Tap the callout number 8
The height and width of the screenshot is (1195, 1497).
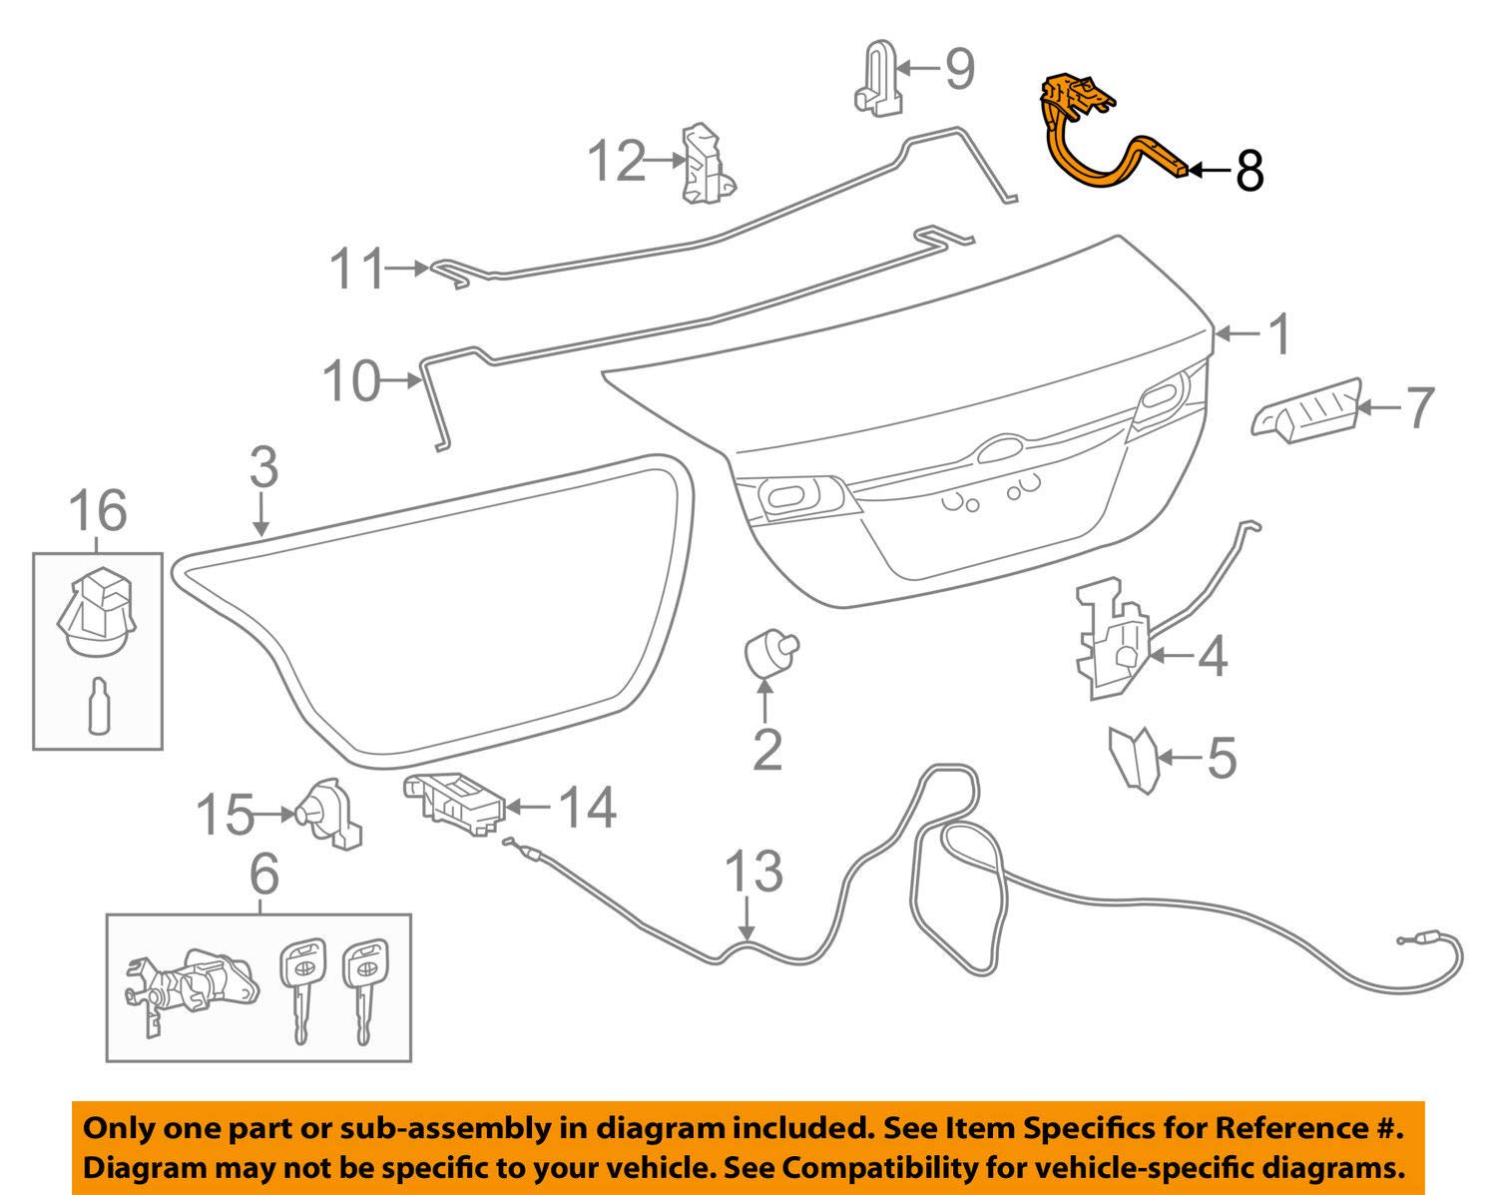click(1249, 171)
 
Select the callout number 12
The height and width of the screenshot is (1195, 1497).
click(617, 161)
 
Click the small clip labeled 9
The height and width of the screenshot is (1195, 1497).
click(878, 77)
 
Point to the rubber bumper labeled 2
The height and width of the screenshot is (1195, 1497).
click(770, 652)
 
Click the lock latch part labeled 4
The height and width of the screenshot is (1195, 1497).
click(1112, 638)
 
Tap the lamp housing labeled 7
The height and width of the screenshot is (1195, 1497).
click(1307, 411)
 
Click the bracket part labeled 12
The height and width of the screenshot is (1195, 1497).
click(707, 164)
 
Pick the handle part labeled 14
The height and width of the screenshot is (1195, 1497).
click(453, 804)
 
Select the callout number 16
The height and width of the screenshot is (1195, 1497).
click(98, 511)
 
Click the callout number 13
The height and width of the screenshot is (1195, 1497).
click(754, 872)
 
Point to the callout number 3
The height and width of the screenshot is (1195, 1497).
click(264, 467)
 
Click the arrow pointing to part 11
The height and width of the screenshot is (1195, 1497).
click(406, 268)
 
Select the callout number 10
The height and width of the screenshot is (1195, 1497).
click(352, 381)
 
